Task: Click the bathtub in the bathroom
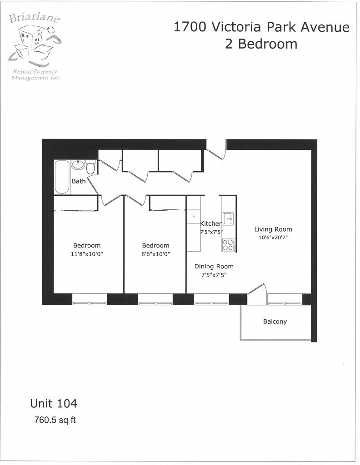pos(62,177)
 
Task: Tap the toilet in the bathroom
pos(91,168)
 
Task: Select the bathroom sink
pos(78,165)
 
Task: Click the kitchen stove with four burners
pos(228,245)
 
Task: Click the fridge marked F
pos(194,216)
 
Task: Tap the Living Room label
pos(273,229)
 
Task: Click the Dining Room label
pos(214,267)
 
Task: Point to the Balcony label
pos(275,322)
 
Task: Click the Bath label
pos(79,181)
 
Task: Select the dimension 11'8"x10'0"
pos(87,254)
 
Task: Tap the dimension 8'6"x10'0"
pos(155,254)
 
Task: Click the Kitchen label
pos(211,224)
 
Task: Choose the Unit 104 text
pos(54,403)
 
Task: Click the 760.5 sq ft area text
pos(55,420)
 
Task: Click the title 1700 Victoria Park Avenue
pos(262,28)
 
